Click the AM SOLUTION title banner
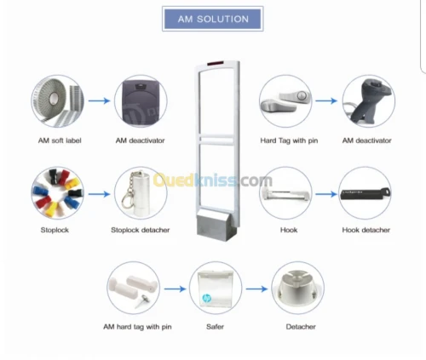tap(213, 19)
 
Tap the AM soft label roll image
tap(58, 101)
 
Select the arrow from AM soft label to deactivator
tap(99, 100)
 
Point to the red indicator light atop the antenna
tap(216, 63)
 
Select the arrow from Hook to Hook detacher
tap(326, 194)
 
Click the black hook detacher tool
tap(366, 194)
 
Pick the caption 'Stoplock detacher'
tap(141, 230)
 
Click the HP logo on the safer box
tap(207, 298)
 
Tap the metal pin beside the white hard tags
tap(142, 301)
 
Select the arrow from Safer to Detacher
tap(256, 289)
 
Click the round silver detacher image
tap(297, 288)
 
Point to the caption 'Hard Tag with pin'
tap(289, 140)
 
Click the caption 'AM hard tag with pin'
tap(137, 327)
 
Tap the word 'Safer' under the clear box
tap(215, 327)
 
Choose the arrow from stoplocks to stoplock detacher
tap(99, 194)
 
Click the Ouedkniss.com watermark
tap(213, 180)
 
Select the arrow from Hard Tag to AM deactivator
tap(326, 100)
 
